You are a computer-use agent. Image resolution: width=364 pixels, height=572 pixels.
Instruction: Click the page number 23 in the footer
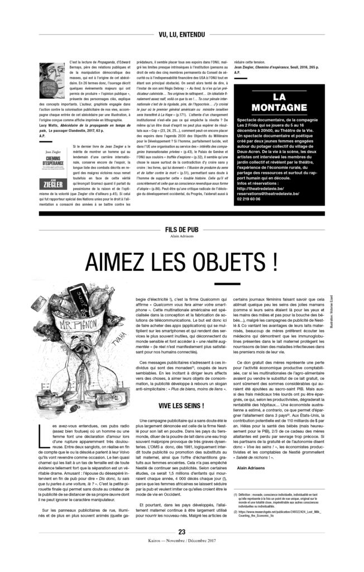(x=181, y=547)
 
